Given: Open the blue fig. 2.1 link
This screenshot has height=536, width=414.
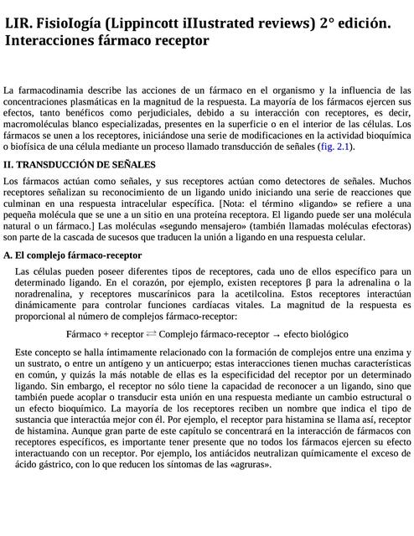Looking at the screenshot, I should [x=334, y=147].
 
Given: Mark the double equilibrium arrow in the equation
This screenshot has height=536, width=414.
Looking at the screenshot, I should [x=151, y=333].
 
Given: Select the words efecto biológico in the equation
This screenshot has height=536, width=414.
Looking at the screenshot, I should [x=316, y=333].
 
